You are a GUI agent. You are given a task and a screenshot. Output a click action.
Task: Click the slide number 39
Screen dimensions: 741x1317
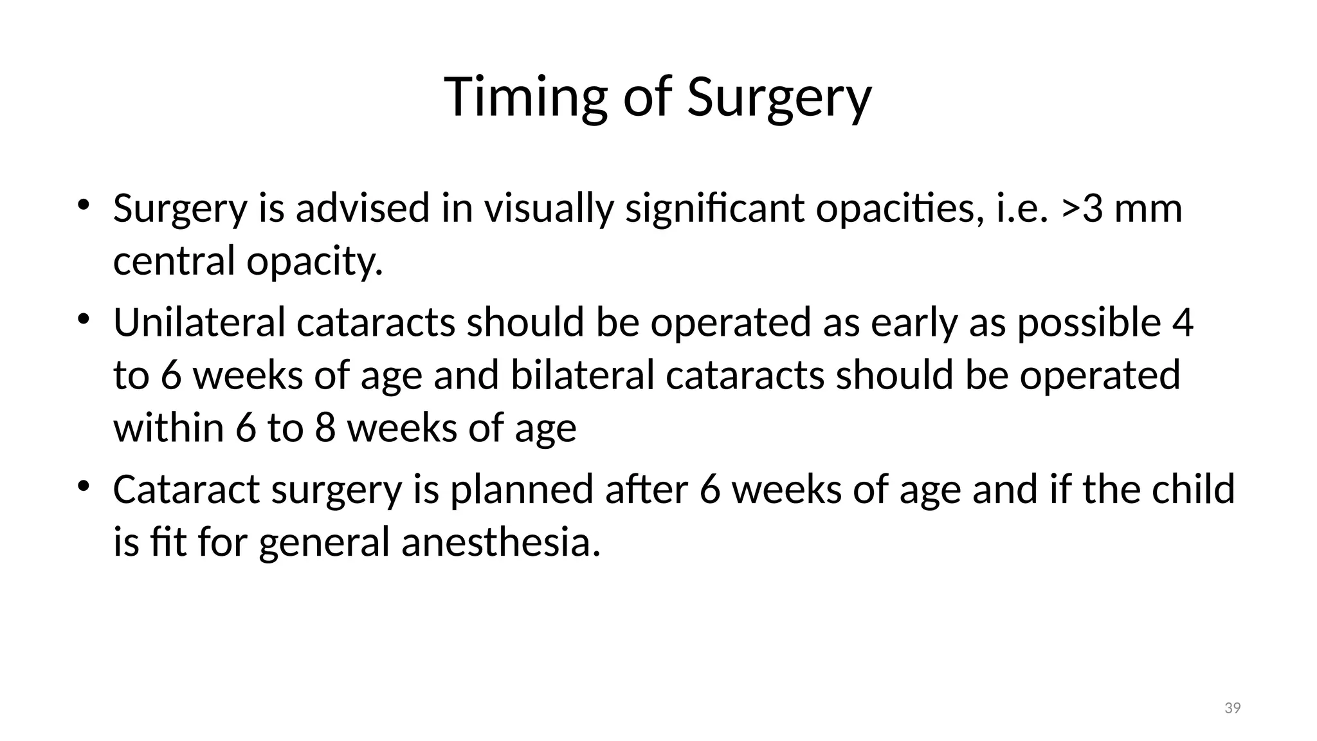pyautogui.click(x=1232, y=708)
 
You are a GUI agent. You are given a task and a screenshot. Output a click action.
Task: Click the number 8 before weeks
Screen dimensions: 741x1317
pyautogui.click(x=325, y=428)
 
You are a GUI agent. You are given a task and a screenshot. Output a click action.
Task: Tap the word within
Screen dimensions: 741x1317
pyautogui.click(x=168, y=428)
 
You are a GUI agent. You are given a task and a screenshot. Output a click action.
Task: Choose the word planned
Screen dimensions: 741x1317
pyautogui.click(x=521, y=489)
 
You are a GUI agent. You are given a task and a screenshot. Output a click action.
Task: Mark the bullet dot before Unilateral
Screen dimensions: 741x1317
pyautogui.click(x=83, y=319)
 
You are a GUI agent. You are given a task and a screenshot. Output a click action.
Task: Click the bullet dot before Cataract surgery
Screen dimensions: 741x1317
pyautogui.click(x=83, y=487)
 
